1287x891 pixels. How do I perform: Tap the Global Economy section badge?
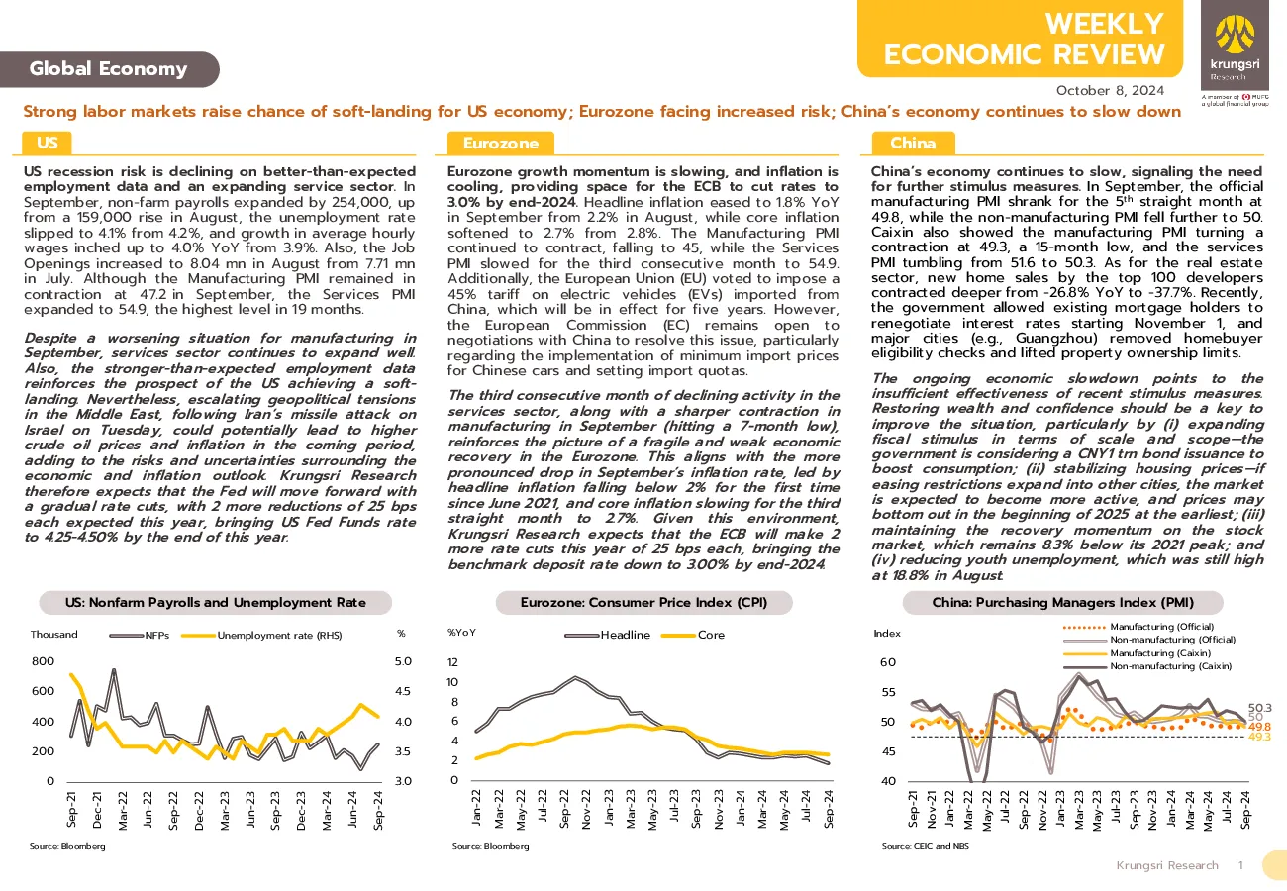coord(109,69)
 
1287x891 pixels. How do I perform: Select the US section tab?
coord(48,143)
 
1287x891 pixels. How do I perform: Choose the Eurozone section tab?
coord(500,143)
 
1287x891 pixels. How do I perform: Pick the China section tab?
coord(913,143)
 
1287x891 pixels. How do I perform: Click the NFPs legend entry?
coord(140,635)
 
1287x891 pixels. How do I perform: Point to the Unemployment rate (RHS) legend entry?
coord(261,635)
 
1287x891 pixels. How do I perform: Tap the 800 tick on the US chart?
coord(44,661)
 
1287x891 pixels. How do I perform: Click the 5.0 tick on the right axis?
coord(403,661)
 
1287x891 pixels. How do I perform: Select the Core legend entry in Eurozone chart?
coord(693,635)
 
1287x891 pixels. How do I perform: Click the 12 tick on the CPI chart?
coord(452,662)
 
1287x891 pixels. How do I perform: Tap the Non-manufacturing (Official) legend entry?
coord(1149,640)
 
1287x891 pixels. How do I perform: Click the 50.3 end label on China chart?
coord(1260,708)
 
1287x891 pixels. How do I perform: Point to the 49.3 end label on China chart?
coord(1260,737)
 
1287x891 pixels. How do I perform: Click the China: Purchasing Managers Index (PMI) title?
coord(1063,602)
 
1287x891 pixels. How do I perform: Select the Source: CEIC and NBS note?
coord(925,846)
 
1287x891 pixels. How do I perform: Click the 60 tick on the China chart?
coord(888,661)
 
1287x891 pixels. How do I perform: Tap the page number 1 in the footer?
coord(1241,865)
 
